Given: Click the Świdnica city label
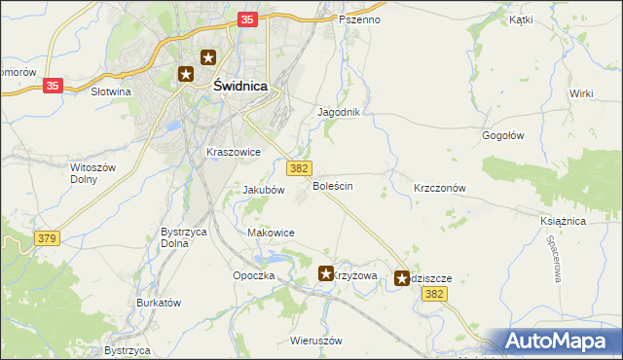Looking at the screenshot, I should [x=239, y=86].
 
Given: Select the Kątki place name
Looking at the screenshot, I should [x=520, y=19].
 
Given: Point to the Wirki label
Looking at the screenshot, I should [x=581, y=93].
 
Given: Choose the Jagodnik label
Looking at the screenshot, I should [x=339, y=112].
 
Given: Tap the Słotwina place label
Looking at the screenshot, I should [x=110, y=91].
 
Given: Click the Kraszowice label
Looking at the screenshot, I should [x=233, y=152].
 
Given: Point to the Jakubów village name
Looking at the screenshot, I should [x=263, y=190].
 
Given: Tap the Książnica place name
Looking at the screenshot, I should [x=562, y=222].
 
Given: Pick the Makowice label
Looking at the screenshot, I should [x=271, y=233].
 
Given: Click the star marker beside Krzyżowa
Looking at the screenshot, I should [x=326, y=275].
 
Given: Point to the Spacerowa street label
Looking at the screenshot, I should [x=554, y=255].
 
